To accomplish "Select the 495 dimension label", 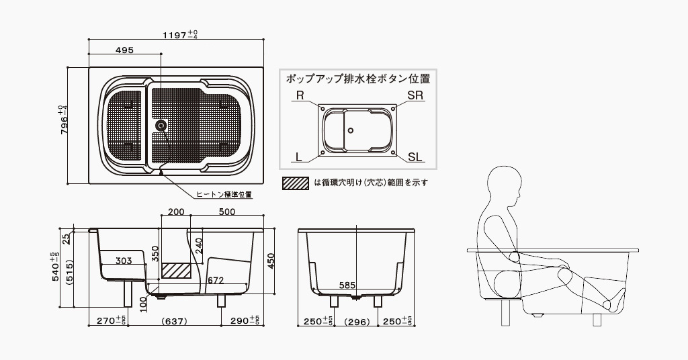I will [124, 50].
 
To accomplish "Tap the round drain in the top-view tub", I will [161, 126].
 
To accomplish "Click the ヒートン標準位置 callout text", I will [224, 195].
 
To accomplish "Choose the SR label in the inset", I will [415, 95].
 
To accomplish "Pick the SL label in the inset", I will [415, 156].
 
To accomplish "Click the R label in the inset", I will [300, 95].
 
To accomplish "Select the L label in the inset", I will [299, 156].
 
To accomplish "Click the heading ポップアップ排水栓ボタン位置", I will [358, 78].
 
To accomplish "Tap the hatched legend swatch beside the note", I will [296, 181].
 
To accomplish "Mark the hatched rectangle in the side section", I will [177, 270].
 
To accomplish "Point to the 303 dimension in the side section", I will [124, 261].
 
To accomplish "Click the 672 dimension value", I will [215, 279].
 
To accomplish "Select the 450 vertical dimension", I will [271, 261].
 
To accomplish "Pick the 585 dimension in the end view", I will [347, 285].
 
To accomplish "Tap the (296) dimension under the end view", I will [357, 321].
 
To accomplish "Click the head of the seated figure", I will [504, 188].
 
